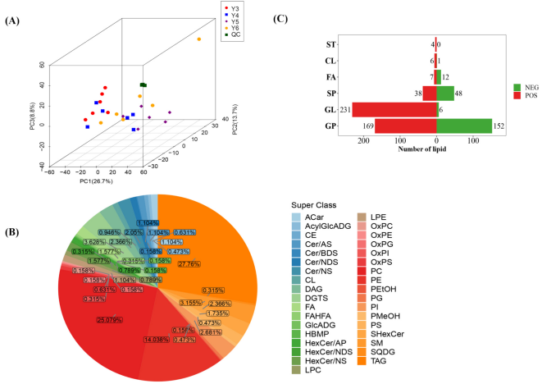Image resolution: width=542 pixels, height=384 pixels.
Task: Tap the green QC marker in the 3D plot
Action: tap(143, 85)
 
